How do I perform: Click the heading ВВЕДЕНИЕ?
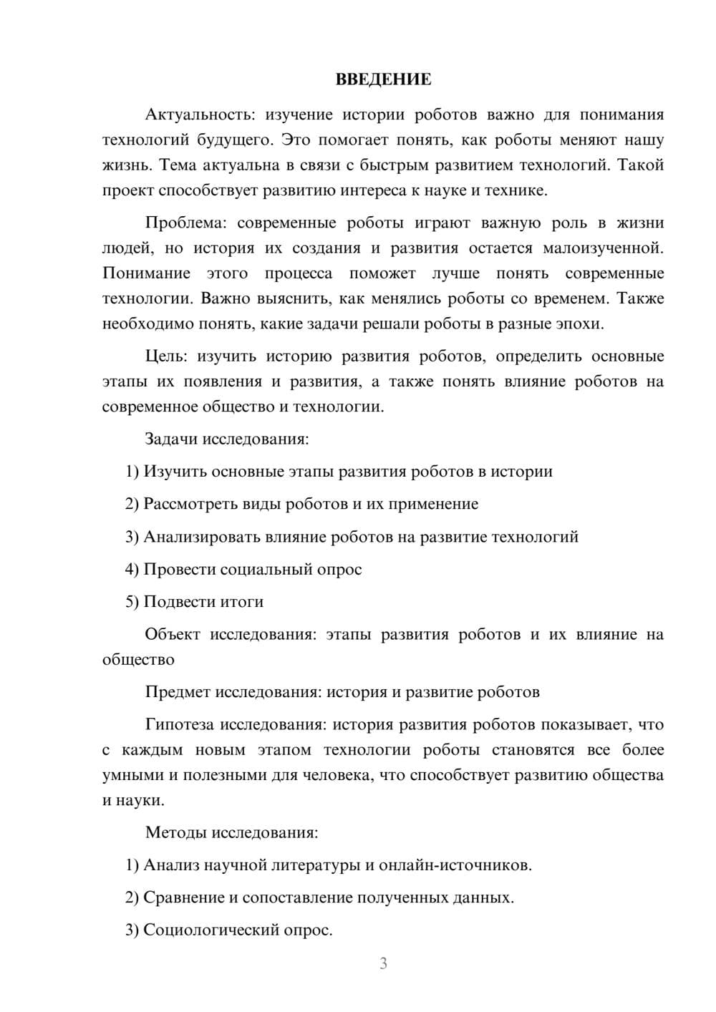pyautogui.click(x=383, y=79)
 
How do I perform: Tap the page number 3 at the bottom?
pyautogui.click(x=383, y=963)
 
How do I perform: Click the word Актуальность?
pyautogui.click(x=198, y=115)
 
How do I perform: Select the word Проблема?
pyautogui.click(x=185, y=223)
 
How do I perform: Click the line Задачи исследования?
pyautogui.click(x=227, y=439)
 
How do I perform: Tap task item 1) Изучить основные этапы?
pyautogui.click(x=339, y=472)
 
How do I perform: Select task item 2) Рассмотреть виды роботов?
pyautogui.click(x=301, y=504)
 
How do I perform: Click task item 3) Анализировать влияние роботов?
pyautogui.click(x=352, y=537)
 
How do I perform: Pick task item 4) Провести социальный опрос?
pyautogui.click(x=243, y=570)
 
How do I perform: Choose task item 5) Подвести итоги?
pyautogui.click(x=194, y=602)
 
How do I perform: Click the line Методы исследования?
pyautogui.click(x=231, y=832)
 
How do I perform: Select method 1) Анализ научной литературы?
pyautogui.click(x=329, y=865)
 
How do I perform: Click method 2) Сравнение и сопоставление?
pyautogui.click(x=319, y=897)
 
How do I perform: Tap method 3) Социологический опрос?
pyautogui.click(x=229, y=930)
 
